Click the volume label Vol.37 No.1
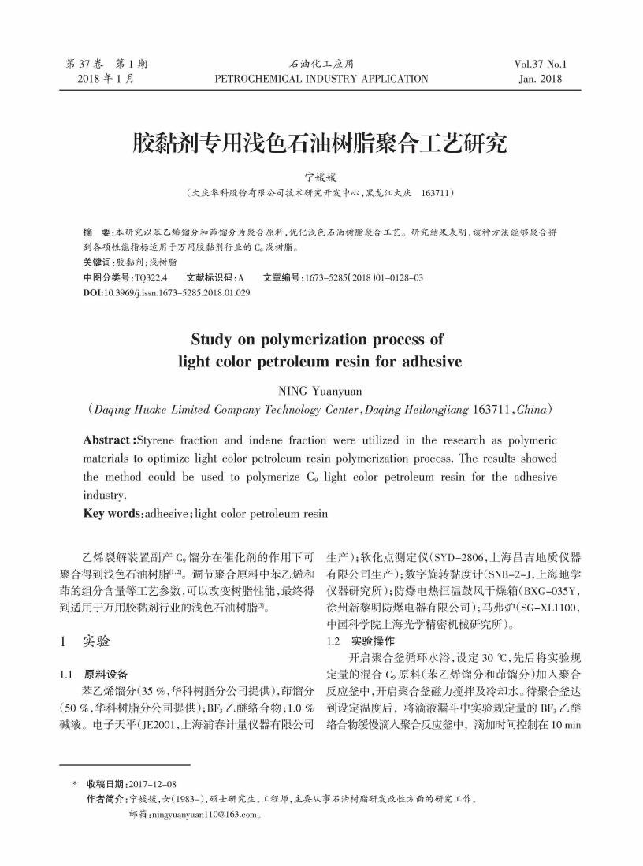tap(540, 65)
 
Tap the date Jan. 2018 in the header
tap(541, 79)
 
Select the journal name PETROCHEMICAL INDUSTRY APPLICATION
tap(321, 79)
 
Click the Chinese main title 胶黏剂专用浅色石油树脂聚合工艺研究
tap(321, 143)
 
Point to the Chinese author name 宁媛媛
tap(321, 177)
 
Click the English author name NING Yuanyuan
tap(321, 390)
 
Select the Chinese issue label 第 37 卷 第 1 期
tap(106, 65)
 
